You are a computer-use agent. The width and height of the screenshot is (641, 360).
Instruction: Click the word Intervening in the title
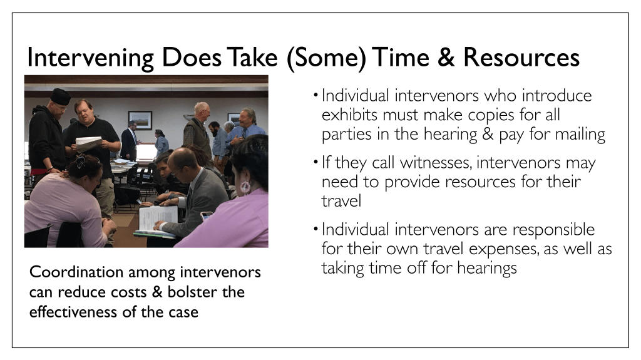point(90,58)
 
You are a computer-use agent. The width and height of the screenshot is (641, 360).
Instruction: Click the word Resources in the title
point(521,57)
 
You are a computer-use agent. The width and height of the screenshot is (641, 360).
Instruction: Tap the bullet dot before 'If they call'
point(315,162)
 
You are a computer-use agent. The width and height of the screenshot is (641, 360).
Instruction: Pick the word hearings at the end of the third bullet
point(487,269)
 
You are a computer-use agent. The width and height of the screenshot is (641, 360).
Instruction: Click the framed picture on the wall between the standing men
point(140,120)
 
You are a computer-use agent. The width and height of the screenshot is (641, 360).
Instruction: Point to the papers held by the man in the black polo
point(89,143)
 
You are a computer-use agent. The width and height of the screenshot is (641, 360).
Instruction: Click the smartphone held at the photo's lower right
point(207,215)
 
